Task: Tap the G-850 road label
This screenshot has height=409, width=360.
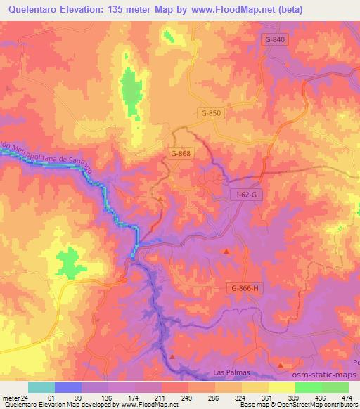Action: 210,112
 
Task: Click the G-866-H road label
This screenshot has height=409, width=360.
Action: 244,288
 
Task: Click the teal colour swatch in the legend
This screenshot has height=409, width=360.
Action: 41,387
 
